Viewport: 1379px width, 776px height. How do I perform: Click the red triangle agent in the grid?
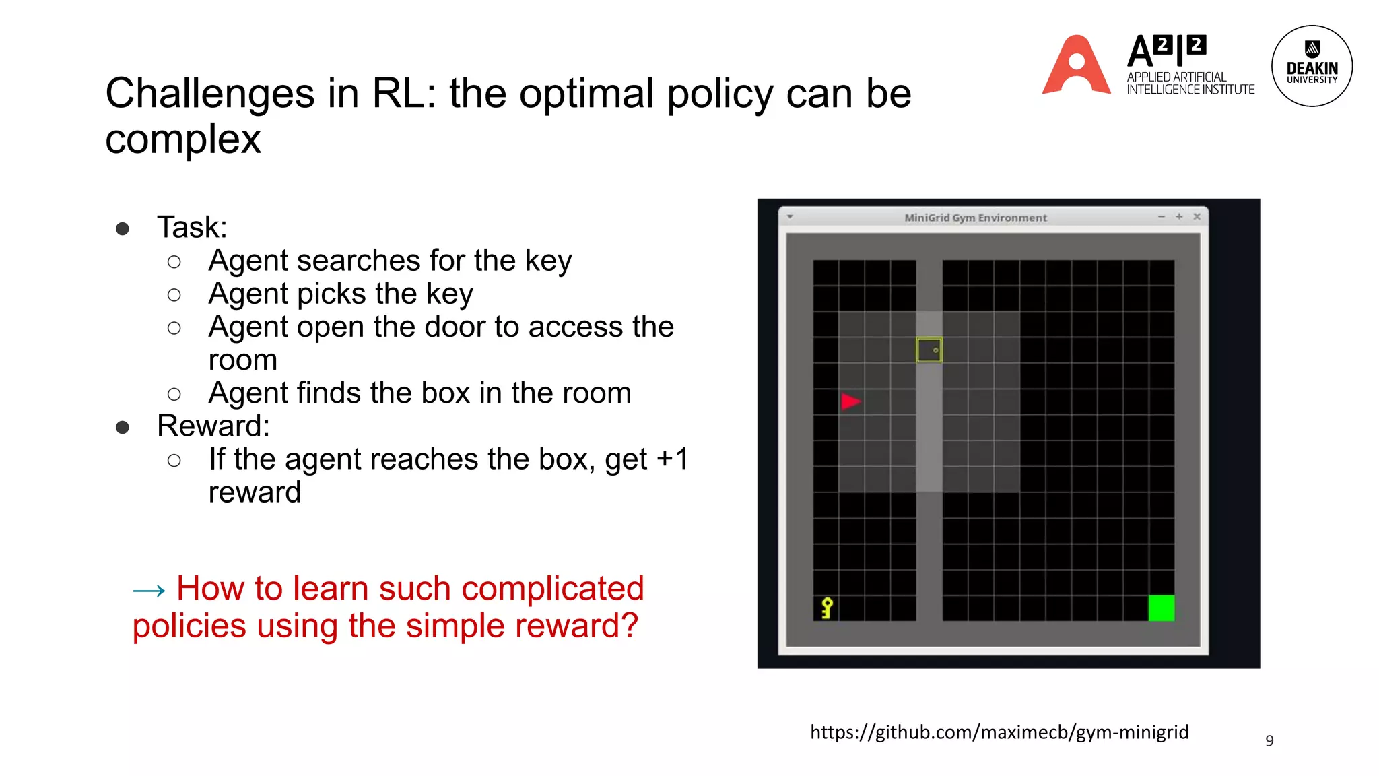(x=850, y=401)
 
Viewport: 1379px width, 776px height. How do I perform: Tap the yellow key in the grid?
(x=827, y=608)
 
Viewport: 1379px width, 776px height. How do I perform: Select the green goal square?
(x=1161, y=608)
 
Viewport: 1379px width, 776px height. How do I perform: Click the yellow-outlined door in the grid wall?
(x=929, y=350)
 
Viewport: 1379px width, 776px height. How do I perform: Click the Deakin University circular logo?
(x=1312, y=66)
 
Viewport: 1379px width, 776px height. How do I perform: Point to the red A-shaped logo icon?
(x=1076, y=66)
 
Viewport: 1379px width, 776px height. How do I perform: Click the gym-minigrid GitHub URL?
(x=999, y=732)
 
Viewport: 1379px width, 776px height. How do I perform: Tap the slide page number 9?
(x=1269, y=740)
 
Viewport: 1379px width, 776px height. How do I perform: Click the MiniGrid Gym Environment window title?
(x=975, y=218)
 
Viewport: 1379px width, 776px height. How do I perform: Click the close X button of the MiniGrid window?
(x=1197, y=216)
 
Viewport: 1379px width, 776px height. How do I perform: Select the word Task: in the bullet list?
(x=192, y=228)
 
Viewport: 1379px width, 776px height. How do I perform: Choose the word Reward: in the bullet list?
(x=213, y=426)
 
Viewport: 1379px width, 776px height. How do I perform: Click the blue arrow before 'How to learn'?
(x=149, y=591)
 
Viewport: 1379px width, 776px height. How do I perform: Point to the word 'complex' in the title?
(x=183, y=139)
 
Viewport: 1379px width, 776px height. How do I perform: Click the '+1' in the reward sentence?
(x=672, y=459)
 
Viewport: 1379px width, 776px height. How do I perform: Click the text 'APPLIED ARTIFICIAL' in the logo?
(x=1176, y=77)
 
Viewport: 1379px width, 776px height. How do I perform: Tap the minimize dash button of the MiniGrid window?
(x=1162, y=216)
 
